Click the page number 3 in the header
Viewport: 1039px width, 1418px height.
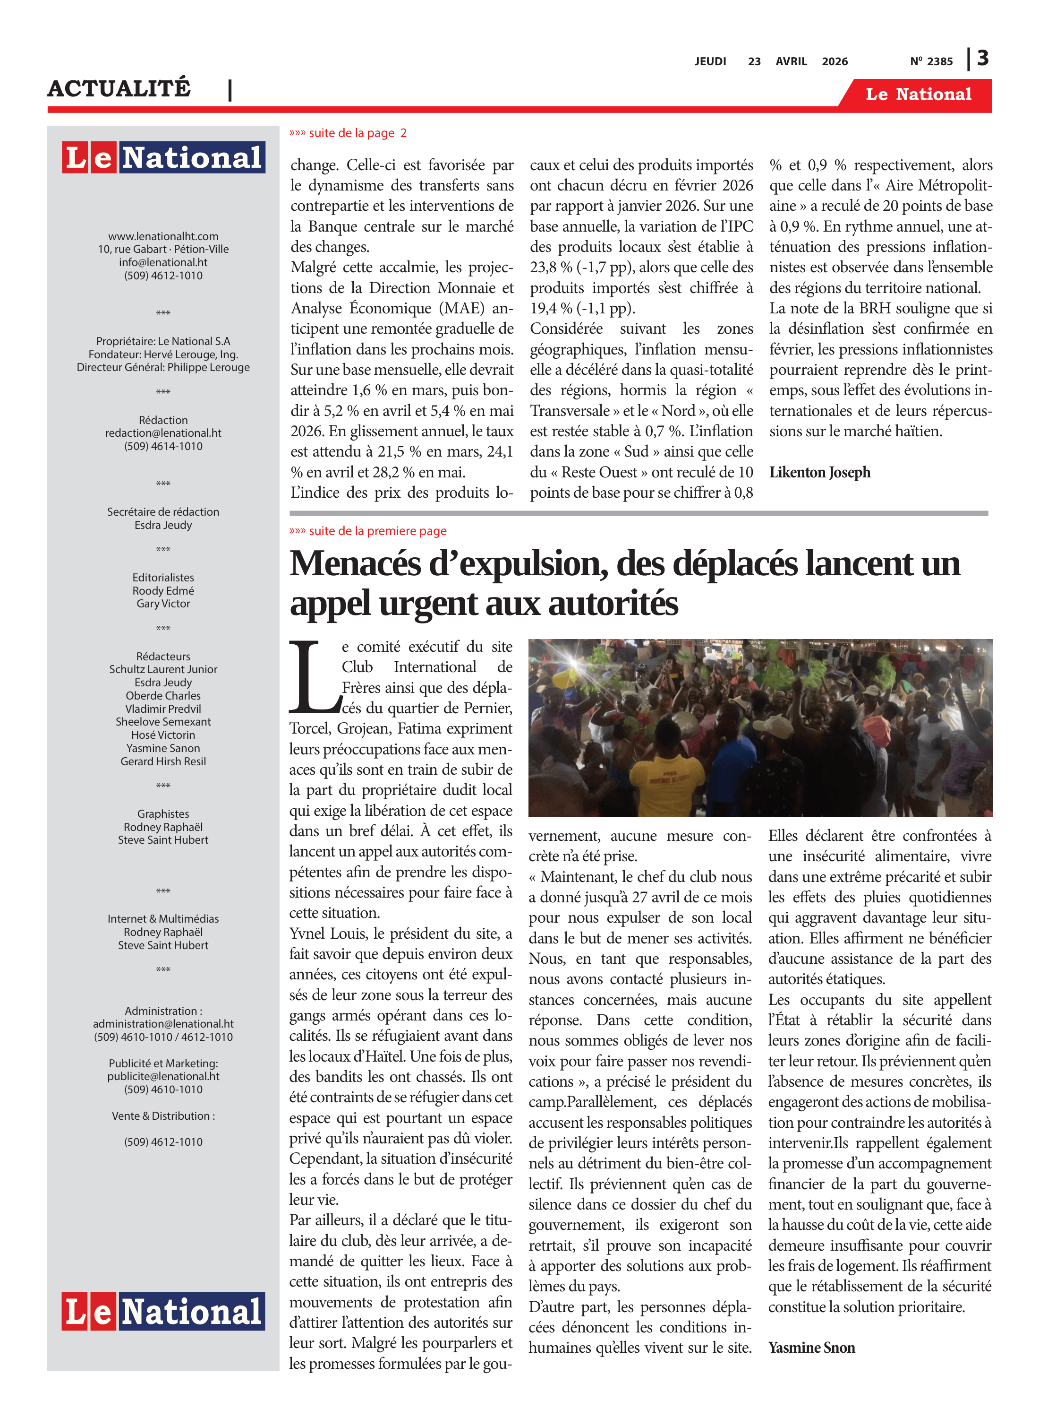coord(982,59)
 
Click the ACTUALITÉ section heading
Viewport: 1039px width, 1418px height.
coord(119,89)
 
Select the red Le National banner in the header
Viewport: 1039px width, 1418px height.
coord(918,95)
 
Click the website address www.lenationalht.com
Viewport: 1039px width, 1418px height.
coord(163,236)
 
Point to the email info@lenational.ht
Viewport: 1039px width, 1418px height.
coord(163,262)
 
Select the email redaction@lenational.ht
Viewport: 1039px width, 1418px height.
coord(163,433)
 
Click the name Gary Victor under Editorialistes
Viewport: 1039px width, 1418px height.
coord(163,604)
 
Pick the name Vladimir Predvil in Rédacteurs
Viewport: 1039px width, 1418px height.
coord(163,709)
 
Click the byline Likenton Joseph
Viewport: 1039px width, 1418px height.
coord(819,472)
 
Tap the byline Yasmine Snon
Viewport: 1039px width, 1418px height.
coord(811,1347)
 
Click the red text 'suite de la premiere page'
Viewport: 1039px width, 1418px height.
coord(377,531)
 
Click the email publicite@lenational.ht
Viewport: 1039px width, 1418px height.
coord(163,1076)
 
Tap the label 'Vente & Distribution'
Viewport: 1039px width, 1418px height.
coord(163,1116)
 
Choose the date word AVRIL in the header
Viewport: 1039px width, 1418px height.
coord(791,61)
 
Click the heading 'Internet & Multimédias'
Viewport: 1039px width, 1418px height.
coord(163,919)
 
